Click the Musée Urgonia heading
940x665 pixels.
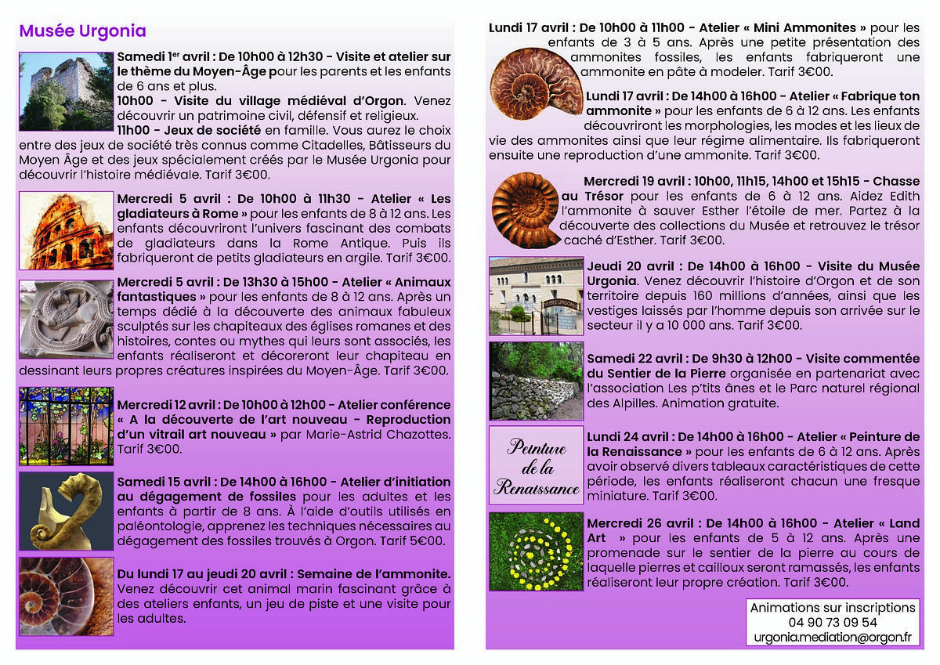(x=82, y=31)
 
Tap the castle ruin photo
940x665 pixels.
(x=66, y=92)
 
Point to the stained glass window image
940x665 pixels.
(x=66, y=426)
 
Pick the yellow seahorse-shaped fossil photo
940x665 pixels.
(x=66, y=511)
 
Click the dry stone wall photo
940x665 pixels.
(x=537, y=381)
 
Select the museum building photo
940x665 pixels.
(x=537, y=295)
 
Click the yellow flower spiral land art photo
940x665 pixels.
(x=537, y=552)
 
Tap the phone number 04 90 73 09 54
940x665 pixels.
(x=833, y=622)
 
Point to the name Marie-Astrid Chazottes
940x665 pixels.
(x=370, y=434)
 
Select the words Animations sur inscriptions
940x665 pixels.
(x=833, y=607)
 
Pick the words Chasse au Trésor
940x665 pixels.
(x=886, y=181)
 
